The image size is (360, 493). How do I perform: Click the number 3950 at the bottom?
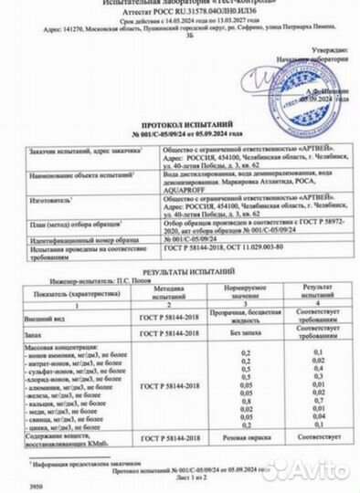tap(12, 487)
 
